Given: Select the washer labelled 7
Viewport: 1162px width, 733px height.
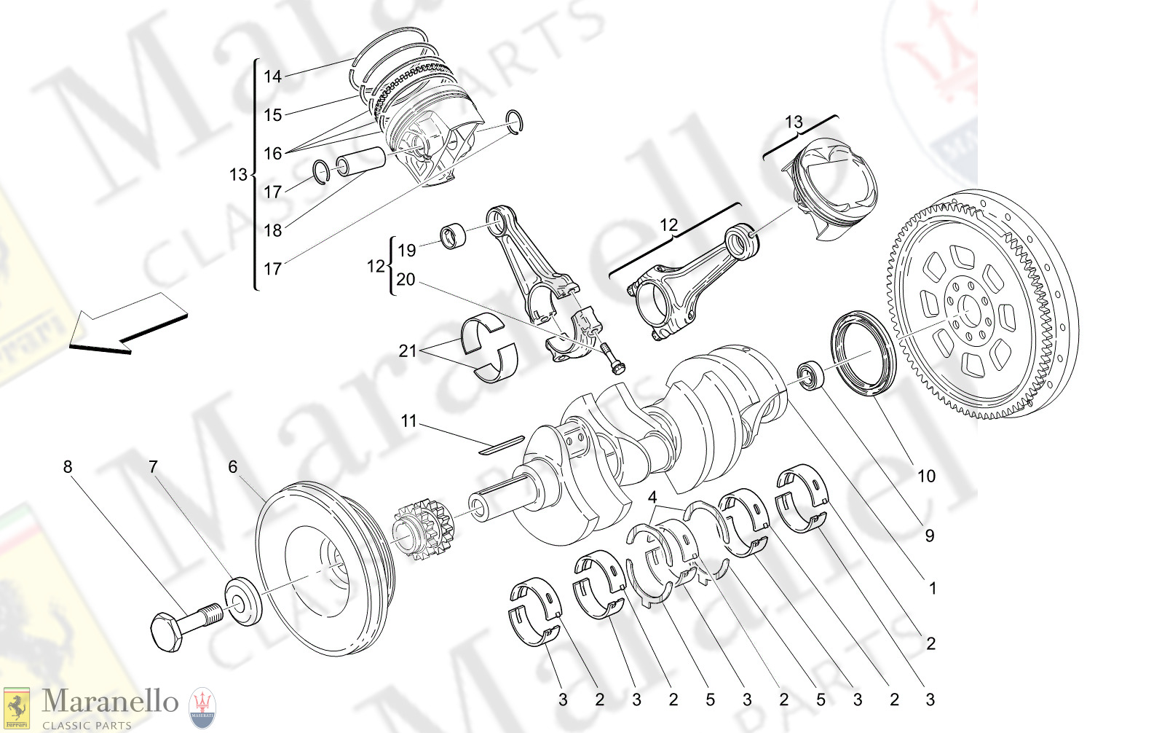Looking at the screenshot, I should point(243,601).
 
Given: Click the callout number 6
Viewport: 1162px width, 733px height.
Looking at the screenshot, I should point(233,467).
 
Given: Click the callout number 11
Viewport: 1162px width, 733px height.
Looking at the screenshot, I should point(408,421).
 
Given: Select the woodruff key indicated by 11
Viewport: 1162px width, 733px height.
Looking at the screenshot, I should point(501,444).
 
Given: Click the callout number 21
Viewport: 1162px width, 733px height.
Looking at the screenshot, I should point(408,351).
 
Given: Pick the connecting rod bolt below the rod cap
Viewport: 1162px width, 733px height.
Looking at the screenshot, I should point(613,358).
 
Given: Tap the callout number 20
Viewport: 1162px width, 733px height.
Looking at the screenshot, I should point(406,280).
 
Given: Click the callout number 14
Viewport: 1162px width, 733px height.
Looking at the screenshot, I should point(272,77).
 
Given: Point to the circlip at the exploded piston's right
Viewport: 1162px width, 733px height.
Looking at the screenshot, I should point(515,122).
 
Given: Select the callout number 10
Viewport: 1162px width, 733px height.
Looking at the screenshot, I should point(926,477).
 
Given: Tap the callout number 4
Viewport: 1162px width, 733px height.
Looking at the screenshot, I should point(652,498).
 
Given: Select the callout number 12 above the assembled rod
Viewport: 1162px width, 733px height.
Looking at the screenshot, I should point(668,225).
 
